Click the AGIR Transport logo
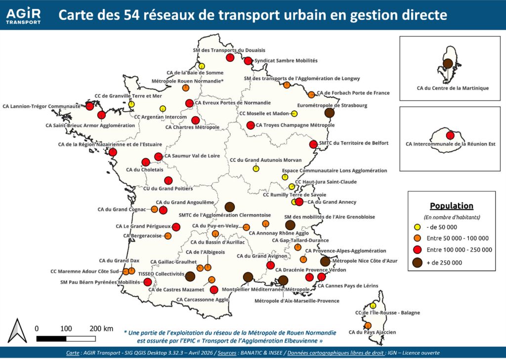click(x=24, y=15)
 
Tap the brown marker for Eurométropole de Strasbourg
click(x=329, y=113)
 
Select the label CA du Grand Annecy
click(x=332, y=202)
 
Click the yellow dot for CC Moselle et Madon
click(x=294, y=114)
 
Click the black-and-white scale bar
click(x=66, y=339)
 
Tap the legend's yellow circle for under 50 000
click(x=417, y=227)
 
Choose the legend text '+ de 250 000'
click(x=444, y=263)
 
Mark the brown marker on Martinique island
click(x=448, y=64)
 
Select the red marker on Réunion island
click(x=450, y=135)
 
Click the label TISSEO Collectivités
click(x=161, y=274)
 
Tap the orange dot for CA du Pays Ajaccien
click(x=368, y=325)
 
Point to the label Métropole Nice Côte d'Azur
click(x=365, y=261)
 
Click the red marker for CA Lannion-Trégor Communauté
click(x=90, y=106)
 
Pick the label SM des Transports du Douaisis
click(x=229, y=50)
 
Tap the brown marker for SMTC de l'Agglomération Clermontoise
click(x=229, y=207)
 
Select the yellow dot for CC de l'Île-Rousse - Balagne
click(x=373, y=306)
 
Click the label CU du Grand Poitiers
click(x=168, y=188)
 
